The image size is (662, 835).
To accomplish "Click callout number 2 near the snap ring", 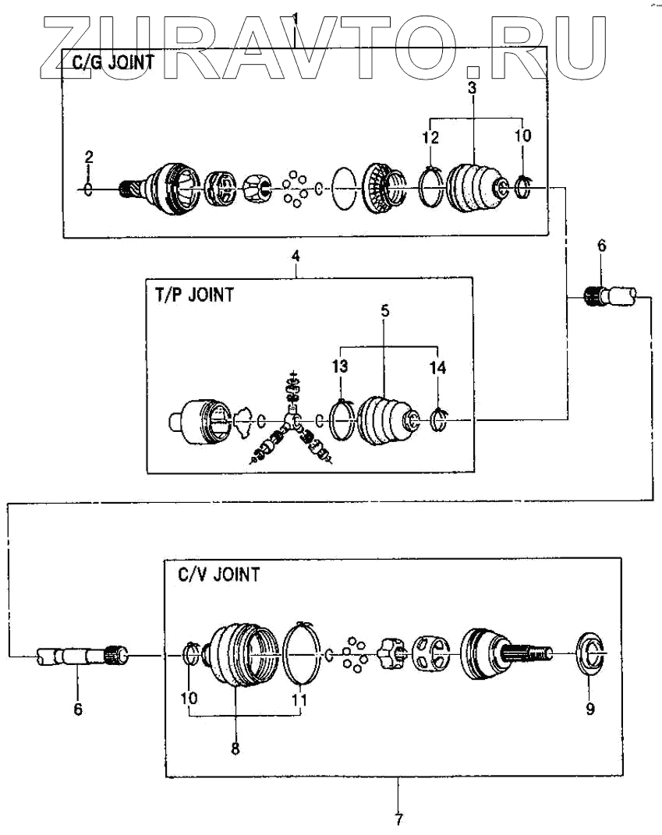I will coord(89,157).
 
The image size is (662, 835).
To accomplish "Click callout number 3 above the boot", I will coord(472,88).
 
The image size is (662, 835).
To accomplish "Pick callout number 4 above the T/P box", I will coord(296,255).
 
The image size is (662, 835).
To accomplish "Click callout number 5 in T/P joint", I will coord(385,310).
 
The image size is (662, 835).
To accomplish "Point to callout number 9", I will coord(590,709).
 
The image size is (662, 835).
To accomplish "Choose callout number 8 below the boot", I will coord(235,748).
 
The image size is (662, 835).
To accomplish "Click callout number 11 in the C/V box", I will coord(299,700).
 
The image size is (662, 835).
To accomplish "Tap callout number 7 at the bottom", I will coord(398,819).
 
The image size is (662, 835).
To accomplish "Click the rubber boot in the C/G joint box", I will coord(475,187).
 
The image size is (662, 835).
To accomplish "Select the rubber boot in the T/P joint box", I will coord(384,422).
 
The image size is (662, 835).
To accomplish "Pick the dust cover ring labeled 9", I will coord(590,653).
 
